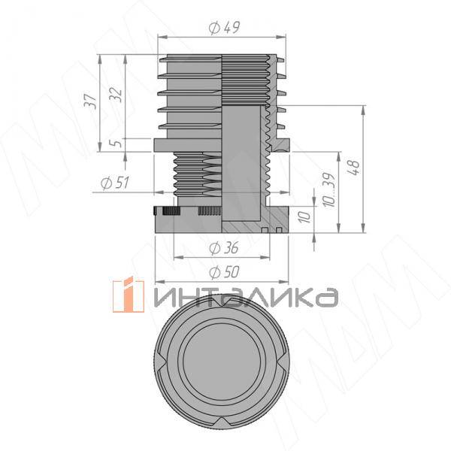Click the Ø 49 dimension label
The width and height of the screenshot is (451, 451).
coord(223,28)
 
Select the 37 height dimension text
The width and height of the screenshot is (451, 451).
coord(91,101)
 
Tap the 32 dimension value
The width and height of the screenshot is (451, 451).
coord(116,94)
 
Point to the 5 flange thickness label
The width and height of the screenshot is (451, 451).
coord(117,143)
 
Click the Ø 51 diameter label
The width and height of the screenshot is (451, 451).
coord(115,183)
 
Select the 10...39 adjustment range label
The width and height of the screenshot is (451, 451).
coord(329,190)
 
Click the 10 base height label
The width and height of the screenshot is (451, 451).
coord(304,217)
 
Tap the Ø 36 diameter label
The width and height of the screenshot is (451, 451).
coord(223,248)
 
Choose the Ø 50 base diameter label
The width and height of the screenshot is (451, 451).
coord(224,272)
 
